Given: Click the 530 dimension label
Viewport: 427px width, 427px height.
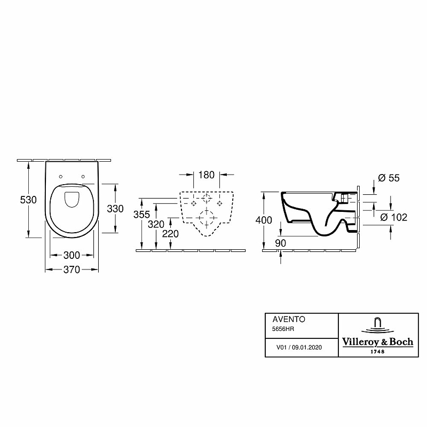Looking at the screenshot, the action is coord(28,200).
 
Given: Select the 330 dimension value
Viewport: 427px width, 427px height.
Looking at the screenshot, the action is coord(115,209).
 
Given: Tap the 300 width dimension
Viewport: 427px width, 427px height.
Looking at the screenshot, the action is coord(72,255).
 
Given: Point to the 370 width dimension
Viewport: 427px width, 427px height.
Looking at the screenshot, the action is coord(72,270).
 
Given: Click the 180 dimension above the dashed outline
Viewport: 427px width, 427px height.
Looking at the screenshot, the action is coord(206,175).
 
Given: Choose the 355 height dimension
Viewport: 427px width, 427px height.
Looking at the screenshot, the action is coord(141,215).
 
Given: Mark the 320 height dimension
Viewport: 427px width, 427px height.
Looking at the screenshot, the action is coord(156,224).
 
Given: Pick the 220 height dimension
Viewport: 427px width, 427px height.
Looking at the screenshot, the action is coord(170,234).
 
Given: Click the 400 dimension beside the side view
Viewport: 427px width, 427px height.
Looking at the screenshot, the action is coord(264,220).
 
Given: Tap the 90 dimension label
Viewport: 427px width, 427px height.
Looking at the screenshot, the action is coord(281,243).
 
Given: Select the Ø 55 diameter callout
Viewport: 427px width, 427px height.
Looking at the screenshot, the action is coord(389,178).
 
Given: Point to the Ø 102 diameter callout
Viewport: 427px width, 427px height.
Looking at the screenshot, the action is coord(393,217).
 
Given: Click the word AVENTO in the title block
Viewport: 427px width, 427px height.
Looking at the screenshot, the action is coord(289,319).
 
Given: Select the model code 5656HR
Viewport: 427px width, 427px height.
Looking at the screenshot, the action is coord(283,329).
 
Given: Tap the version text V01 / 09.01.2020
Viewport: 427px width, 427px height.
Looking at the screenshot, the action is coord(299,347).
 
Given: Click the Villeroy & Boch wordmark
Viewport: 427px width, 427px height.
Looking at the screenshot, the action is coord(377,342).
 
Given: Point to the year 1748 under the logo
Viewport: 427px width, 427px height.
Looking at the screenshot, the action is coord(377,352).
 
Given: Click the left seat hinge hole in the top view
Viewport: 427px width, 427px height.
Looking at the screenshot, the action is coord(61,177).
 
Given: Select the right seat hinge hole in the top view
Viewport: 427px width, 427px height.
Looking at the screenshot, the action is coord(83,177).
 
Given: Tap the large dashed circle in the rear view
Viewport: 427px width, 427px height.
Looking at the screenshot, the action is coord(207,218).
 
